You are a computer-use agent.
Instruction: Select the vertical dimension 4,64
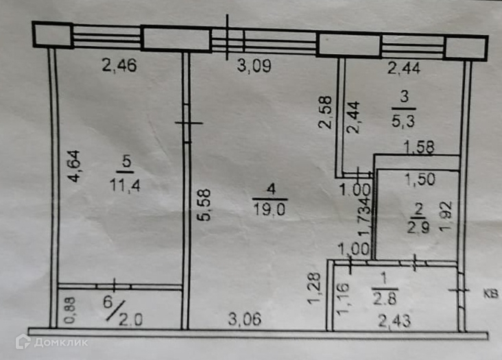(x=75, y=167)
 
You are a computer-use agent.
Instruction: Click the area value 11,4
(x=124, y=184)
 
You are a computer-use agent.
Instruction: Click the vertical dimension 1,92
(x=446, y=217)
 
